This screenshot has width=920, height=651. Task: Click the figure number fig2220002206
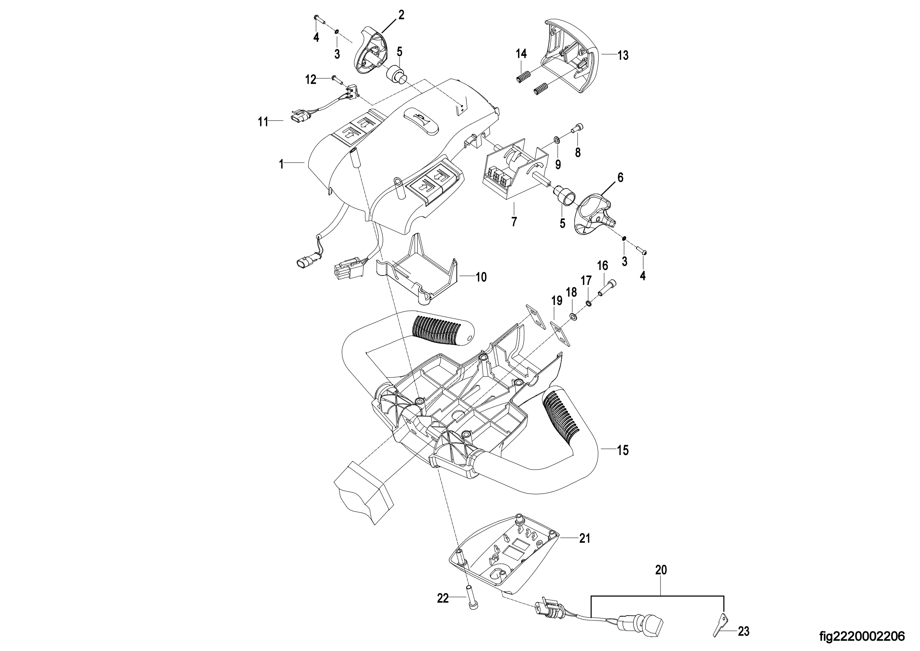tap(862, 636)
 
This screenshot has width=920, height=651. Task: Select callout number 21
tap(584, 538)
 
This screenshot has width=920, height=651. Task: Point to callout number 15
tap(622, 450)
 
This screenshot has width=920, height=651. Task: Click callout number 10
tap(481, 277)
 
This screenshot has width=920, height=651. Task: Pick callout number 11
tap(263, 122)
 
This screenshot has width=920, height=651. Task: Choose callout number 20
tap(661, 570)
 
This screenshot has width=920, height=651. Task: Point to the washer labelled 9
tap(557, 139)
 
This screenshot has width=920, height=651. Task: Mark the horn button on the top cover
tap(420, 120)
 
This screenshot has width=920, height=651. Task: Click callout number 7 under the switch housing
tap(514, 221)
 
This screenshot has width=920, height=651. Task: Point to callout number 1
tap(282, 165)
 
